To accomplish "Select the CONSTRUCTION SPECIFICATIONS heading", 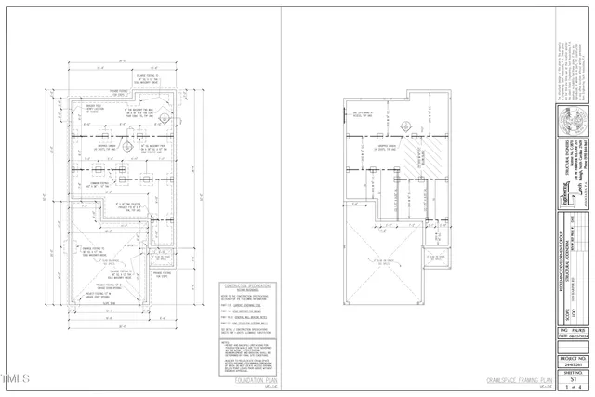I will pos(246,285).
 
